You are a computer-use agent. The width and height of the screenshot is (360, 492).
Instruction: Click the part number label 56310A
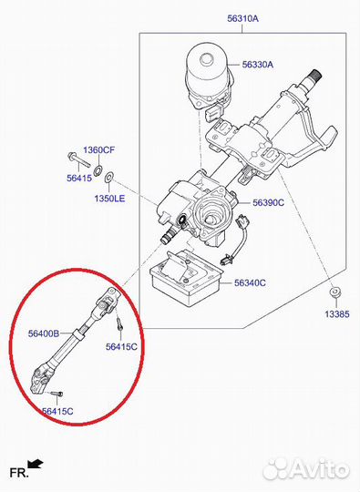tap(242, 18)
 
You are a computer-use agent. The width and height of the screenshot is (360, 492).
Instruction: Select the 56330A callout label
tap(258, 65)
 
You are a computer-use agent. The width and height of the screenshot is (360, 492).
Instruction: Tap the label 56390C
tap(268, 202)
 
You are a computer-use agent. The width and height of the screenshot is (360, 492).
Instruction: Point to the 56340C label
tap(250, 283)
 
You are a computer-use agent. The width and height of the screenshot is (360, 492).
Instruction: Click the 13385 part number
tap(337, 314)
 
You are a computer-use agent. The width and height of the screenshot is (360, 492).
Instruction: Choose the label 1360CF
tap(98, 150)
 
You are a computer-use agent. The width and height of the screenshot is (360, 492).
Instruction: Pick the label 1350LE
tap(109, 199)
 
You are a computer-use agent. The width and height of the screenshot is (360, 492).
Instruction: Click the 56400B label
tap(44, 333)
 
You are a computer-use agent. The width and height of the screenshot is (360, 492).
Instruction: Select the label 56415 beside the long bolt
tap(79, 179)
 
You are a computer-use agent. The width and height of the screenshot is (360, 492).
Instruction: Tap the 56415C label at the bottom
tap(57, 411)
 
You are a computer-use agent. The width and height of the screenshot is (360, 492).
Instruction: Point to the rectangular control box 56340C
tap(185, 278)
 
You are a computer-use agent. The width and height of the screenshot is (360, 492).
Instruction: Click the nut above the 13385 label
tap(335, 292)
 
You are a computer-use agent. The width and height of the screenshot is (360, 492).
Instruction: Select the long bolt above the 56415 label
tap(78, 159)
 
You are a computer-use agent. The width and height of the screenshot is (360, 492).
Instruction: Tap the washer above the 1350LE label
tap(109, 177)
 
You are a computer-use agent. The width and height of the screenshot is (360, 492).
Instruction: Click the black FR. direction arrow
tap(36, 464)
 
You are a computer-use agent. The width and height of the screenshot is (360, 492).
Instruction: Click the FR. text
tap(19, 473)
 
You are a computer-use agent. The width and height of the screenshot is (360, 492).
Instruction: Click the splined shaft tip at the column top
tap(314, 75)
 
